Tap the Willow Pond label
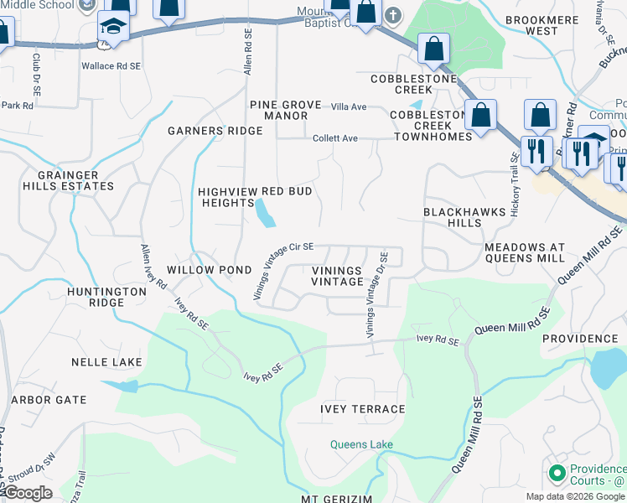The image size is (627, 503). [209, 270]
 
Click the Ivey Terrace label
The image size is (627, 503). [362, 409]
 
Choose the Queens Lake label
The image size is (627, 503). [361, 445]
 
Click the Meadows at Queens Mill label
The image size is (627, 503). [536, 252]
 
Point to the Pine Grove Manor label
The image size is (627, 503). [286, 110]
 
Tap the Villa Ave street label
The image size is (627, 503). [349, 107]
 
